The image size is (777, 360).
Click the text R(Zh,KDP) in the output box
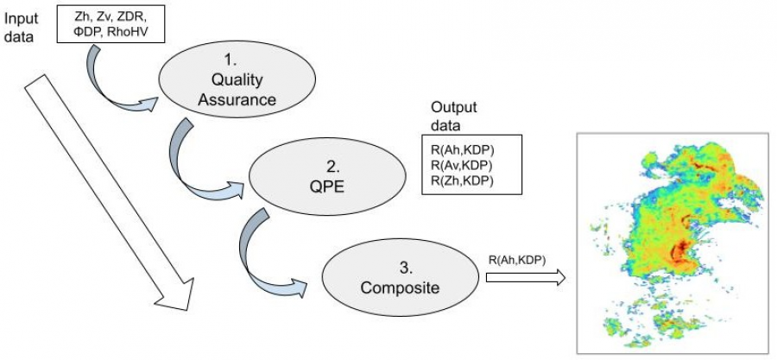[462, 180]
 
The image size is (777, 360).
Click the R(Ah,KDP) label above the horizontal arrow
[516, 259]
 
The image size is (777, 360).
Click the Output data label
[452, 115]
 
